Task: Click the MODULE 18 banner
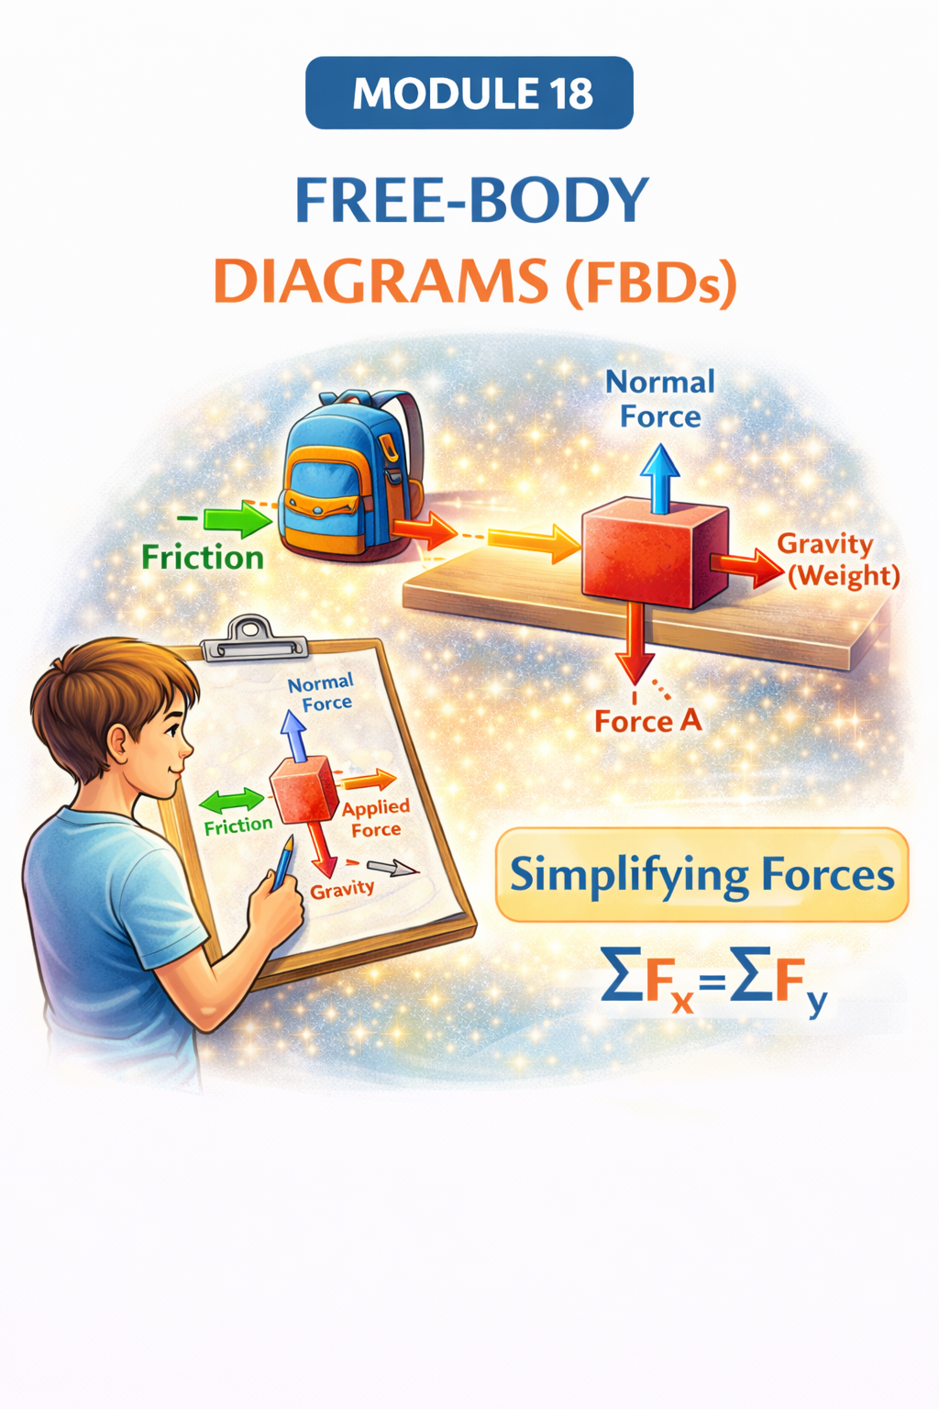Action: click(x=469, y=93)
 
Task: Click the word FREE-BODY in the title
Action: click(x=471, y=200)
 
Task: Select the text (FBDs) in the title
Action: click(x=651, y=283)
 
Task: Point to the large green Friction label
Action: click(x=203, y=558)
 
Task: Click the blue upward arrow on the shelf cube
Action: click(x=659, y=477)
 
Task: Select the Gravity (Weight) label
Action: click(x=839, y=560)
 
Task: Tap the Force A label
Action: click(x=648, y=721)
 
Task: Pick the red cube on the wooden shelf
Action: click(x=654, y=552)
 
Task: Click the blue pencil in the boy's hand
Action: click(x=282, y=861)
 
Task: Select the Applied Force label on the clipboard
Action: click(x=375, y=818)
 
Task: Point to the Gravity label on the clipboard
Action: click(x=342, y=889)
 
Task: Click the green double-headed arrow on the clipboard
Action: click(x=231, y=800)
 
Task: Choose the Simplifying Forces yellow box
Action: click(x=701, y=874)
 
